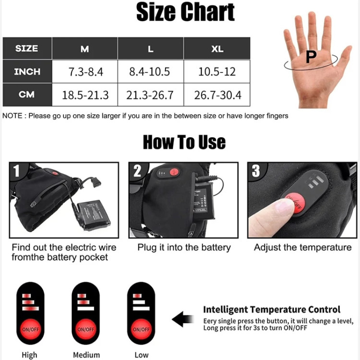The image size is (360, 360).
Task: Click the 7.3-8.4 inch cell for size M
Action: coord(85,72)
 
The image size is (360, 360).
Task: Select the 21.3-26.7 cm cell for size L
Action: coord(151,95)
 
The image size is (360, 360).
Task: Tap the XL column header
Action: coord(217,48)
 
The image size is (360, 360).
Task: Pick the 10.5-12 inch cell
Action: coord(217,72)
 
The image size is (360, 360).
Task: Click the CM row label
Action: coord(27,95)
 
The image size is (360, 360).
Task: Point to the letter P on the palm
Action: coord(311,57)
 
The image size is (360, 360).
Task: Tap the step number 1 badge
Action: coord(16,170)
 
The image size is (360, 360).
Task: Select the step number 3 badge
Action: coord(256,170)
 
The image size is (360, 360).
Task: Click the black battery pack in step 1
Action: coord(94,215)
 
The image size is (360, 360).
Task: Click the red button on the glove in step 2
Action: coord(175,172)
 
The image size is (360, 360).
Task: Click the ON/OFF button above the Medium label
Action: coord(85,329)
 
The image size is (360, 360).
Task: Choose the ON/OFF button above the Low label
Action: coord(141,329)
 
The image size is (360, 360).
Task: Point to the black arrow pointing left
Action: coord(183,319)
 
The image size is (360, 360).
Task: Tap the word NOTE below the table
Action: coord(12,116)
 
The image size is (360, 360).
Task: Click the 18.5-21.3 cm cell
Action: coord(85,95)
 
